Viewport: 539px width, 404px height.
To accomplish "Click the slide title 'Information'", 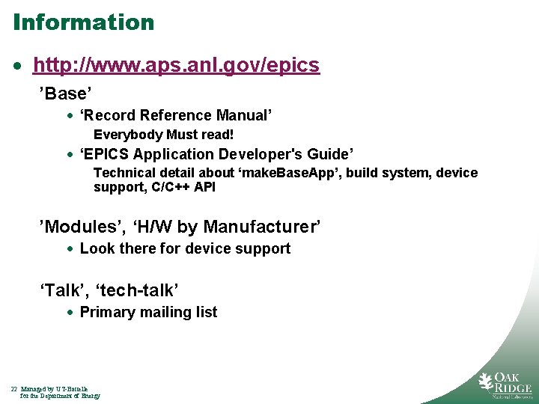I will pos(83,22).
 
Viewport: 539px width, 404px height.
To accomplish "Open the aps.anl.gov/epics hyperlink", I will pos(176,66).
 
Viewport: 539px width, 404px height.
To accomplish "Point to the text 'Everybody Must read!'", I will pos(163,135).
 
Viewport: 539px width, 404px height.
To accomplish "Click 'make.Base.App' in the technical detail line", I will pos(298,173).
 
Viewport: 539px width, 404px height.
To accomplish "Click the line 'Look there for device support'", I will pos(185,248).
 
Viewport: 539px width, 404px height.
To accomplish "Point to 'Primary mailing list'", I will pos(148,312).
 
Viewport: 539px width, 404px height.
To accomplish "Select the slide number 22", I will pos(13,389).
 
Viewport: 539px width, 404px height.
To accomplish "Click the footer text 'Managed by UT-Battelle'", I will pos(55,389).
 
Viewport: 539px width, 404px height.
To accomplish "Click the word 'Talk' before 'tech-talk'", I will pos(62,290).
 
